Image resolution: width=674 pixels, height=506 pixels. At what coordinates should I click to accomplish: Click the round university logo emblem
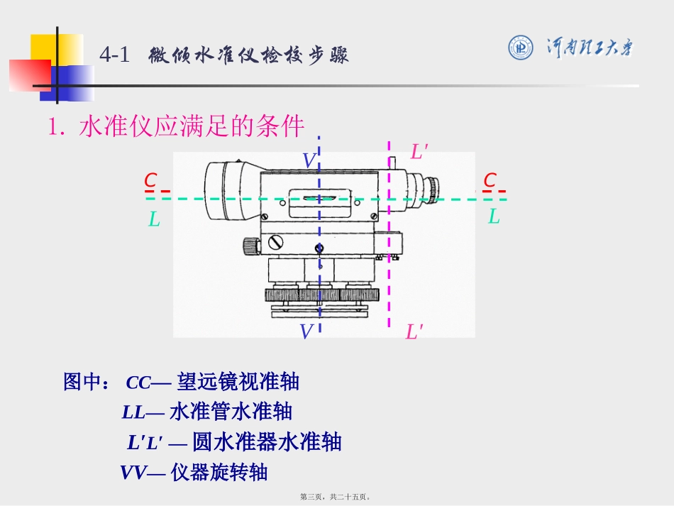click(520, 48)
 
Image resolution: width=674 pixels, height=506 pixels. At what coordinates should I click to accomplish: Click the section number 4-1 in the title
click(114, 55)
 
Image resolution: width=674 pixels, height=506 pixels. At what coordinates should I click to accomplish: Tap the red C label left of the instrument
click(150, 180)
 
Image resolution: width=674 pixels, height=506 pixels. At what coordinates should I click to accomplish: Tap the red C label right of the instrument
click(490, 180)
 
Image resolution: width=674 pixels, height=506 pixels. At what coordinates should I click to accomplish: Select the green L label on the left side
click(154, 219)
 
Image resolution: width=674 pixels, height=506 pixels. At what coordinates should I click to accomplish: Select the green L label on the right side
click(494, 216)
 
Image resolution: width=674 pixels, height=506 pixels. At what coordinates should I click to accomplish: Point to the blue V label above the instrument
click(309, 161)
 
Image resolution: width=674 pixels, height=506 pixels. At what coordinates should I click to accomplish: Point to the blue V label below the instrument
click(306, 331)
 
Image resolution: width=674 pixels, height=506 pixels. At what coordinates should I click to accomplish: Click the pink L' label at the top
click(419, 152)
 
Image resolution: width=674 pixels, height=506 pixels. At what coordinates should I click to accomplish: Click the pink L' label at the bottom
click(414, 332)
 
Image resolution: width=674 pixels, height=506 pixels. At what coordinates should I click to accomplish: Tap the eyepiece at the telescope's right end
click(431, 187)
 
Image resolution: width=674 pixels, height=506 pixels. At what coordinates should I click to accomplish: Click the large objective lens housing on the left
click(226, 190)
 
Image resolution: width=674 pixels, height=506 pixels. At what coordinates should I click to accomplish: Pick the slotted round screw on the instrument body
click(275, 242)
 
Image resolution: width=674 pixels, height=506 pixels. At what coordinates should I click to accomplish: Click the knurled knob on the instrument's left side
click(251, 246)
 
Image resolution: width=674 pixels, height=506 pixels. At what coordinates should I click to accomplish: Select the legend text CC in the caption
click(138, 383)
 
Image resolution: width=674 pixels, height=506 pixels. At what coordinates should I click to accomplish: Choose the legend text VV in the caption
click(133, 473)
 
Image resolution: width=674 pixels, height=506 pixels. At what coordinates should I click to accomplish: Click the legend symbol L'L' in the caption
click(145, 443)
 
